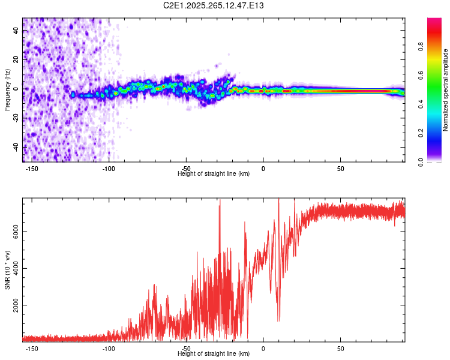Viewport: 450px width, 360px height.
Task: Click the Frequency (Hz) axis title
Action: tap(7, 90)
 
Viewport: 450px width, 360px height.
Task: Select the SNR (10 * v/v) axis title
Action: tap(7, 270)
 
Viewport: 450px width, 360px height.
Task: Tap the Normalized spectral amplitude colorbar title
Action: tap(446, 90)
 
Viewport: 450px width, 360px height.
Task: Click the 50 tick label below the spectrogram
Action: tap(340, 169)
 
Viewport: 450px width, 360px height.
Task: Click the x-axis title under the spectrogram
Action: tap(214, 174)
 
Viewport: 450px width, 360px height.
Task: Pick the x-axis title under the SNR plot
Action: tap(214, 354)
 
